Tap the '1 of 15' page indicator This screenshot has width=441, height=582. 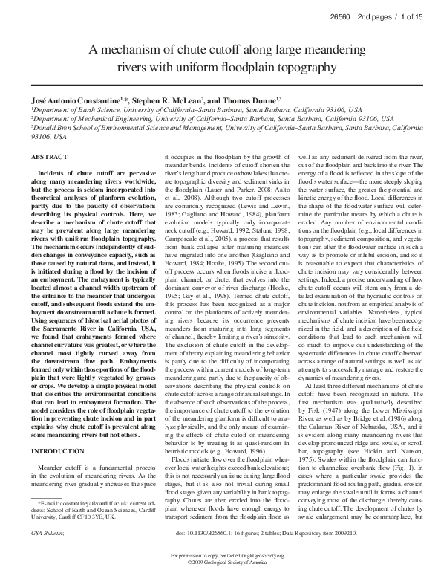coord(412,15)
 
